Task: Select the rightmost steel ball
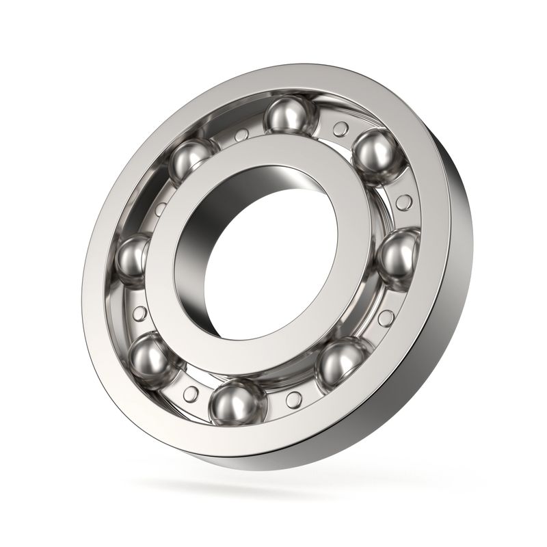click(x=397, y=256)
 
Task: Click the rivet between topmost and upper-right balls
click(x=339, y=127)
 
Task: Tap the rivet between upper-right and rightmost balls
click(x=404, y=202)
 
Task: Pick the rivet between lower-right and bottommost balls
click(x=293, y=399)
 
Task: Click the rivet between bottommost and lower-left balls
click(x=191, y=393)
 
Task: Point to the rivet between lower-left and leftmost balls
click(x=140, y=314)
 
